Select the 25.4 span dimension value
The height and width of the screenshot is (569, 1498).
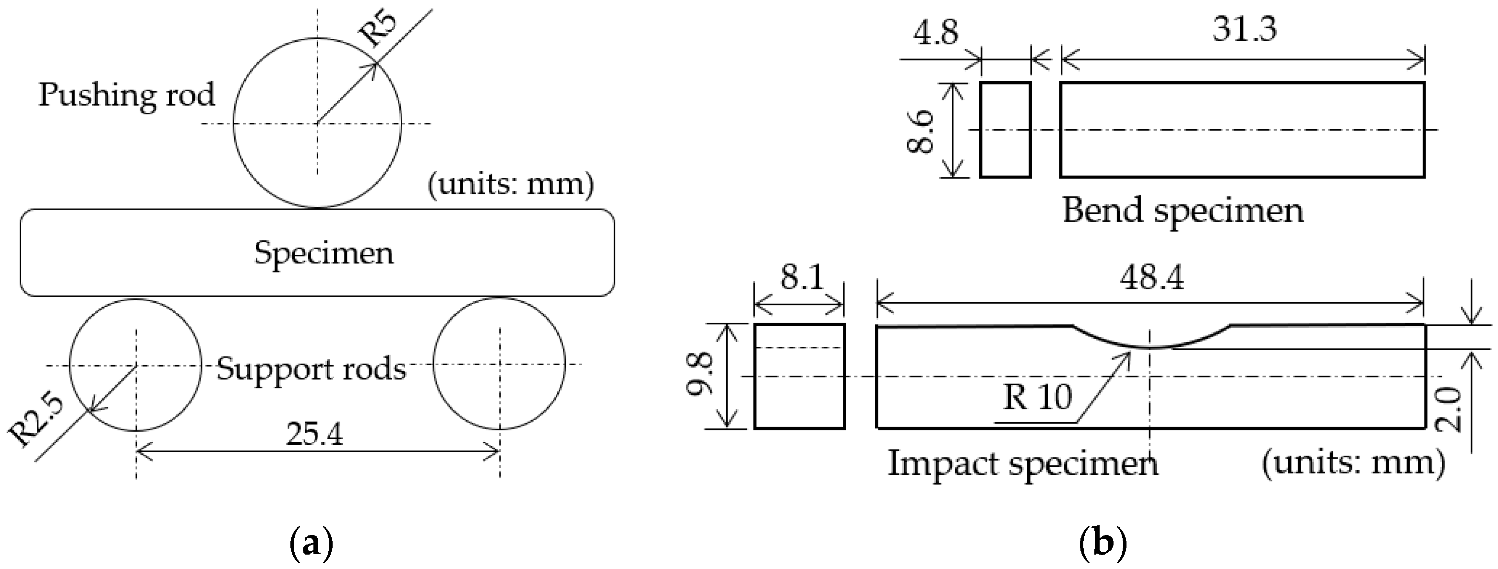point(314,434)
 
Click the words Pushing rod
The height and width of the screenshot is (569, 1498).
point(127,94)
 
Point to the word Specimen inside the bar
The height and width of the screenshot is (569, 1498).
point(324,253)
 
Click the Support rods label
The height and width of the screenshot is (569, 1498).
point(311,368)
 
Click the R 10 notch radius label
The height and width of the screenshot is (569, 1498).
point(1037,398)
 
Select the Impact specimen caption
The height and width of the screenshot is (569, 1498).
point(1023,464)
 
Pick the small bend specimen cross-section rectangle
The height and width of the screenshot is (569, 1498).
point(1006,130)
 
